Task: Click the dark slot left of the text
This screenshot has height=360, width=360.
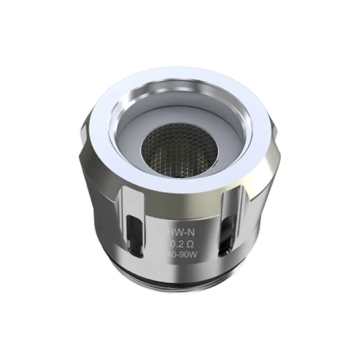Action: coord(135,230)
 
